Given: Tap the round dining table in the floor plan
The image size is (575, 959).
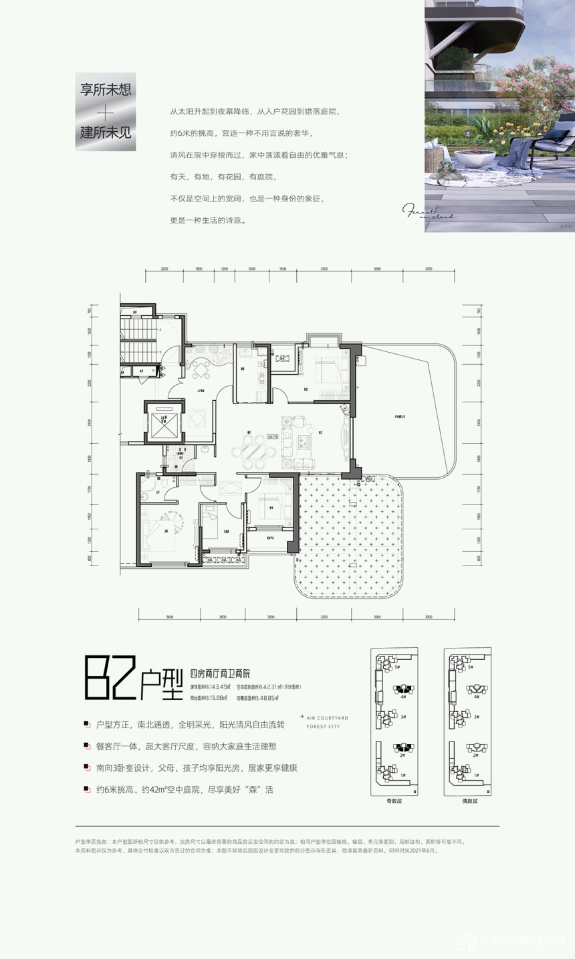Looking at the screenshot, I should pyautogui.click(x=253, y=453).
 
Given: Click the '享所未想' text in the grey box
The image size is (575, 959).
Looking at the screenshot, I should pyautogui.click(x=105, y=90).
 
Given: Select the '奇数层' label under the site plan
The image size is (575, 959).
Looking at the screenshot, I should pyautogui.click(x=394, y=800).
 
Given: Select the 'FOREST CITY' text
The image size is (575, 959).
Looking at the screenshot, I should pyautogui.click(x=323, y=726).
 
